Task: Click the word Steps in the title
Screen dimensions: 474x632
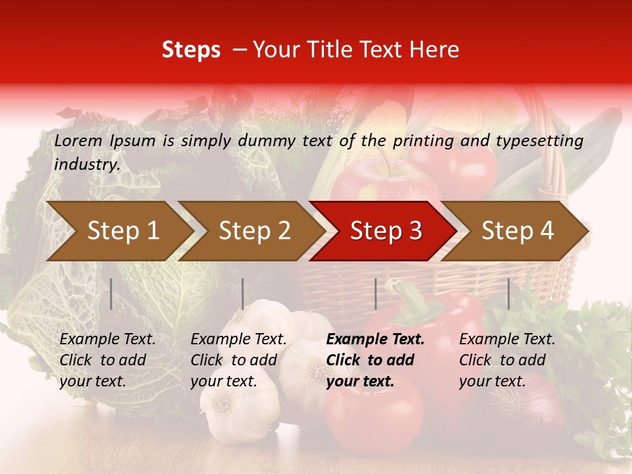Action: (191, 50)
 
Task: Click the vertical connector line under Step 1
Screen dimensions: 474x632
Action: (111, 294)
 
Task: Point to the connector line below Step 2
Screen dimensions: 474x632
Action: (243, 294)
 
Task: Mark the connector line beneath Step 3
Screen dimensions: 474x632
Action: (375, 294)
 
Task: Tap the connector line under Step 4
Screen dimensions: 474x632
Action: (508, 294)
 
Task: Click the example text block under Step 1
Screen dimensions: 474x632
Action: (107, 360)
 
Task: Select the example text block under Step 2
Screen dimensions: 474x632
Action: (238, 360)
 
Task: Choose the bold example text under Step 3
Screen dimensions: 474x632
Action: (375, 360)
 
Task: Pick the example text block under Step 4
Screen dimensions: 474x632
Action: (507, 360)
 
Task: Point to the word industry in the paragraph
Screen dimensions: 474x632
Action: (86, 165)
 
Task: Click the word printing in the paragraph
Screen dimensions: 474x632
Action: (421, 141)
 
